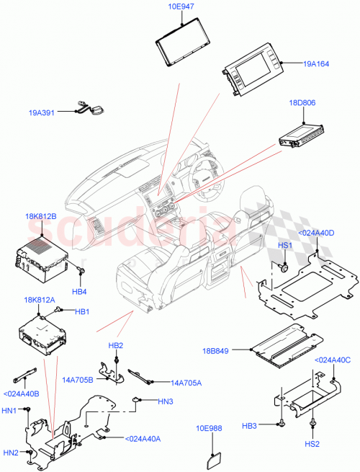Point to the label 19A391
44,112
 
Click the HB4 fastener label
80,291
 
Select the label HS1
284,246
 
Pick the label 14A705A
186,383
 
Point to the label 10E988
210,427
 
